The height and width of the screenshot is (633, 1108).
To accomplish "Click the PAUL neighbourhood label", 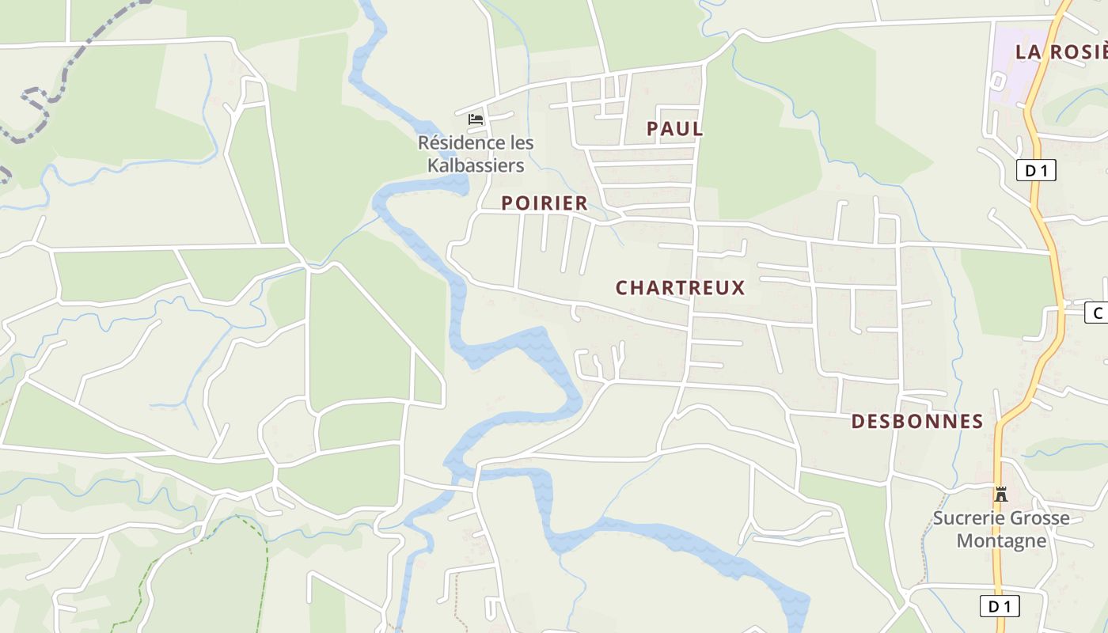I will (x=674, y=129).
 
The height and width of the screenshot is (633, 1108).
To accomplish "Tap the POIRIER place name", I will (x=545, y=203).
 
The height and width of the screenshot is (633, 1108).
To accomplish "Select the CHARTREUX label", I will (x=680, y=288).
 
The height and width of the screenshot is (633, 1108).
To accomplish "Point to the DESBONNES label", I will (x=916, y=422).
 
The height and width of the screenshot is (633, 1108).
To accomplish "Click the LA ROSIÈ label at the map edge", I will (x=1061, y=52).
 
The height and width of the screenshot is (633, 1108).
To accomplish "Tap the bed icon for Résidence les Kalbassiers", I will (x=476, y=119).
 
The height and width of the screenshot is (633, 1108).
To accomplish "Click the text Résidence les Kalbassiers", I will (x=476, y=154).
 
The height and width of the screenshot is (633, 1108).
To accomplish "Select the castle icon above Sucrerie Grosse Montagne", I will (x=1001, y=495).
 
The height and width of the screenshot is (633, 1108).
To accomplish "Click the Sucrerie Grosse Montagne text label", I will (x=1001, y=529).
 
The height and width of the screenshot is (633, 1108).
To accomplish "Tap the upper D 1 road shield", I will (x=1036, y=170).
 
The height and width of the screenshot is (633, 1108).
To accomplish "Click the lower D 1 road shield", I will (x=1000, y=607).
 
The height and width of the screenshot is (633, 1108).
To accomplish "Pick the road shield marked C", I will (x=1097, y=313).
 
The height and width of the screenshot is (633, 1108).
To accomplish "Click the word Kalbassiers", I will (x=476, y=165).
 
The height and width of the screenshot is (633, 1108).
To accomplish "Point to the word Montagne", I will (x=1001, y=541).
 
